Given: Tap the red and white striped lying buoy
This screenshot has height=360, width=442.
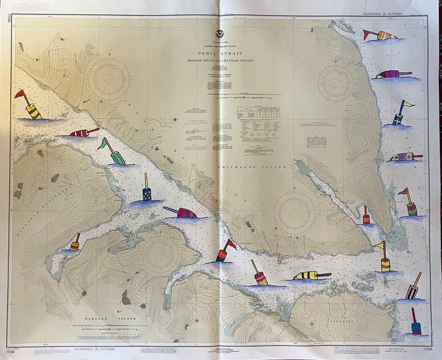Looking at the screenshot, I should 83,133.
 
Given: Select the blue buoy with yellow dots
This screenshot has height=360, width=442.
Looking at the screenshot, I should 146,193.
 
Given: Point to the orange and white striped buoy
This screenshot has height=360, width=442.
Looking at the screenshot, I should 384,36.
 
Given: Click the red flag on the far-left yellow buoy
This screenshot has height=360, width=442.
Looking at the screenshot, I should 19,94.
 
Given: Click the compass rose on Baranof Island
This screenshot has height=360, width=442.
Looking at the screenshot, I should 160,253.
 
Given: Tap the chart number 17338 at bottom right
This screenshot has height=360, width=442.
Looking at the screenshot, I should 428,349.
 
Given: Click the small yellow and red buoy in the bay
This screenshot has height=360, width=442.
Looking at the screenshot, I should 75,245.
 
